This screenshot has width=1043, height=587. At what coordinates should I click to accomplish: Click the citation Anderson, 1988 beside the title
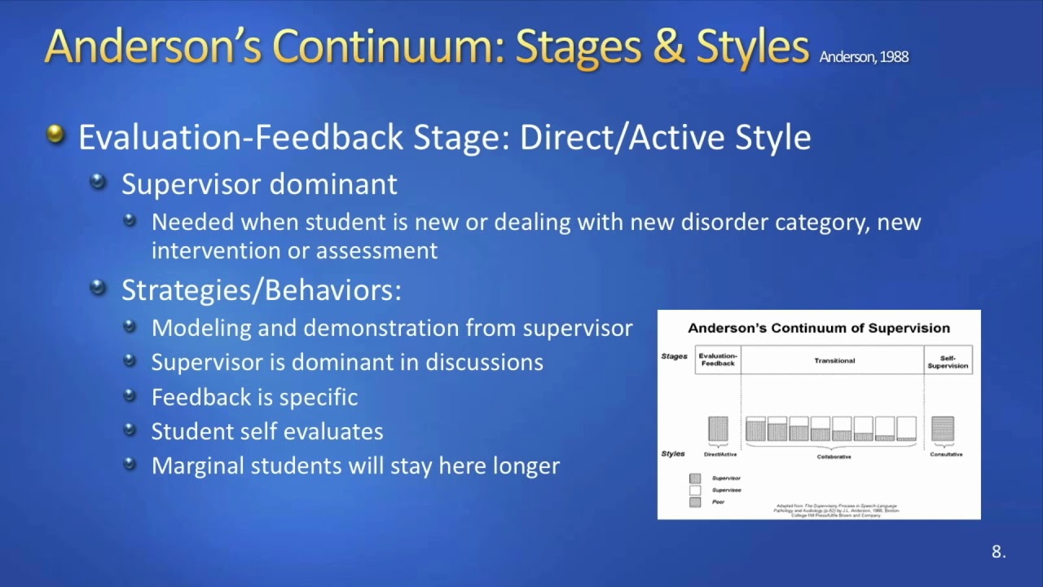[863, 57]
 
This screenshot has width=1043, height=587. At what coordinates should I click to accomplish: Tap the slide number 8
[998, 552]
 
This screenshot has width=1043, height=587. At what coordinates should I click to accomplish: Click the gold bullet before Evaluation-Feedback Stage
[55, 134]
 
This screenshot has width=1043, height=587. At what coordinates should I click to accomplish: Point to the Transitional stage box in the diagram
[833, 360]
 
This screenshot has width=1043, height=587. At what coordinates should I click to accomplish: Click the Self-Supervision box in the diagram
[948, 361]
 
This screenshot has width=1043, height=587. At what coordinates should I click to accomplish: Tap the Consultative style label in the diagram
[945, 454]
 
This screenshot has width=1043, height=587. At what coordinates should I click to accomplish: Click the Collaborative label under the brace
[833, 457]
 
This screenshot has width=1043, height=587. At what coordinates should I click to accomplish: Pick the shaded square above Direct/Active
[718, 429]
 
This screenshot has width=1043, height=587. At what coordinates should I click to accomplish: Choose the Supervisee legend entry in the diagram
[725, 490]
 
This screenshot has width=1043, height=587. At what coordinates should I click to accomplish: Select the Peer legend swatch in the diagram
[695, 502]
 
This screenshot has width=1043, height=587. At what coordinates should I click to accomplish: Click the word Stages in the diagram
[675, 356]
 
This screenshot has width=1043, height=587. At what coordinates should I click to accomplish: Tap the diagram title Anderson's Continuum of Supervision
[818, 329]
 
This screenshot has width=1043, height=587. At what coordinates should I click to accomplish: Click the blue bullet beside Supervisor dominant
[99, 181]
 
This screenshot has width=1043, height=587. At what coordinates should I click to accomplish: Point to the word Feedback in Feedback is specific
[191, 398]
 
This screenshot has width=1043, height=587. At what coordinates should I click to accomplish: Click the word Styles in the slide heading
[753, 47]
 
